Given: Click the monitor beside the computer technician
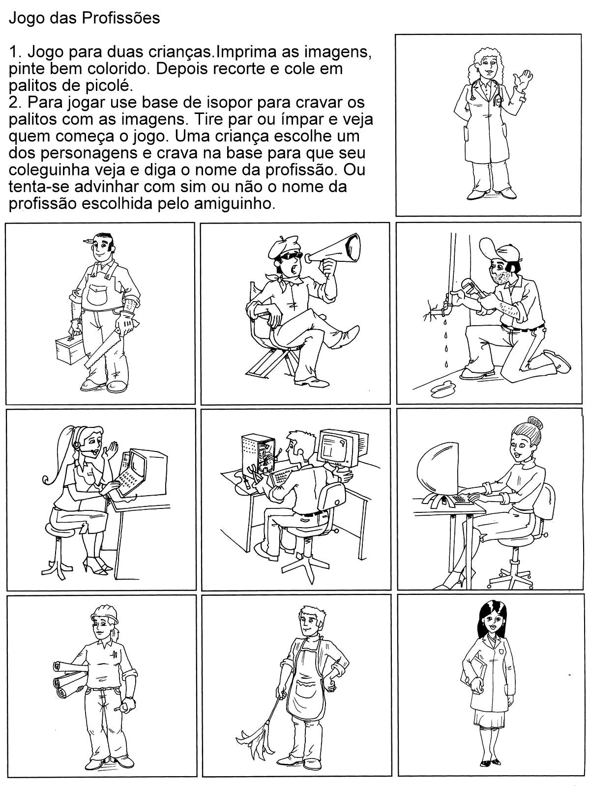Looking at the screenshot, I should tap(338, 447).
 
